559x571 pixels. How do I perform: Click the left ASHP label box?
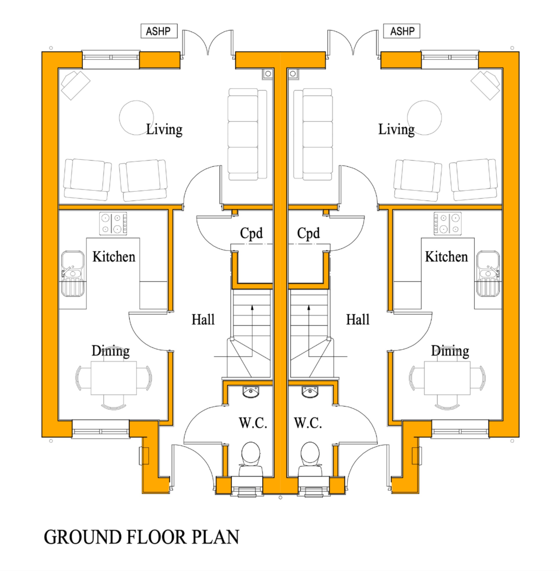click(x=159, y=31)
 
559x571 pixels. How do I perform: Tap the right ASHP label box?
click(x=401, y=31)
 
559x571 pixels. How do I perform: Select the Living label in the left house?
click(x=164, y=129)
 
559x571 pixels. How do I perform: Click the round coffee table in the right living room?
click(x=424, y=117)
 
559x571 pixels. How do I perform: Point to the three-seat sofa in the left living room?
click(x=247, y=134)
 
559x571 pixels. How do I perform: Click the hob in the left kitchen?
click(x=113, y=223)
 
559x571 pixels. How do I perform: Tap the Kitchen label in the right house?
click(x=446, y=257)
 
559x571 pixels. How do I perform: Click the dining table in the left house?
click(x=114, y=378)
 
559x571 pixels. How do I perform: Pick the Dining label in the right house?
click(x=450, y=351)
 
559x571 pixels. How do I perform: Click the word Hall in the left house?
click(x=203, y=319)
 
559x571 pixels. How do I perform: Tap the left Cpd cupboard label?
click(x=251, y=233)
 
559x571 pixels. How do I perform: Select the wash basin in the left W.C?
click(x=251, y=392)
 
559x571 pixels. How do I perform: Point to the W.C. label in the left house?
click(x=253, y=423)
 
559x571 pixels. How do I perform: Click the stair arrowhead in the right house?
click(x=308, y=308)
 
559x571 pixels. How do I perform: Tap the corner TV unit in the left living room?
click(x=75, y=85)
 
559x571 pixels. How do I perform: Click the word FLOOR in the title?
click(x=157, y=537)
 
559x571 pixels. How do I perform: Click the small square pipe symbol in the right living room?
click(x=293, y=73)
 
